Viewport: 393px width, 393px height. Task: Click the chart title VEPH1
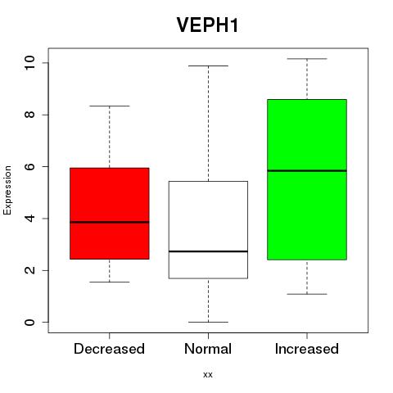[x=208, y=25]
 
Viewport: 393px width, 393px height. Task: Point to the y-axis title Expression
[x=7, y=190]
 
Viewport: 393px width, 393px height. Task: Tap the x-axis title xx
[x=208, y=375]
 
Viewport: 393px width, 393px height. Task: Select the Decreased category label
[x=109, y=349]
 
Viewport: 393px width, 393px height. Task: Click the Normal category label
[x=208, y=349]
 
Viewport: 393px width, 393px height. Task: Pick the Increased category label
[x=307, y=349]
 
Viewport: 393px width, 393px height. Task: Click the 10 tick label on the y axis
[x=29, y=63]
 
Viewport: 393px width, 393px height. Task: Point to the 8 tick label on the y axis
[x=29, y=115]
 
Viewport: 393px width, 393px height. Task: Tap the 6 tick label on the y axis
[x=29, y=166]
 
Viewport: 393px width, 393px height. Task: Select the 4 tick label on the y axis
[x=29, y=219]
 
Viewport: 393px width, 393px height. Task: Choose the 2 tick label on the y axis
[x=29, y=270]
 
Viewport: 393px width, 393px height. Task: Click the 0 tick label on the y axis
[x=29, y=322]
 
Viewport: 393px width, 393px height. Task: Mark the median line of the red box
[x=110, y=222]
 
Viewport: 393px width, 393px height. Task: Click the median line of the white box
[x=208, y=251]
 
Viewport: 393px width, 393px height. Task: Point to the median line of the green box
[x=307, y=171]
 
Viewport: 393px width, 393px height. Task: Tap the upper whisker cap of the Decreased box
[x=110, y=106]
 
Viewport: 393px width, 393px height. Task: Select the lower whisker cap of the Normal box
[x=208, y=322]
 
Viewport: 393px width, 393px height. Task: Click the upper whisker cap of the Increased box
[x=307, y=59]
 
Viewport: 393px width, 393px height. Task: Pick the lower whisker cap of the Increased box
[x=307, y=294]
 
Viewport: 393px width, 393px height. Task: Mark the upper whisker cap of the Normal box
[x=208, y=65]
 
